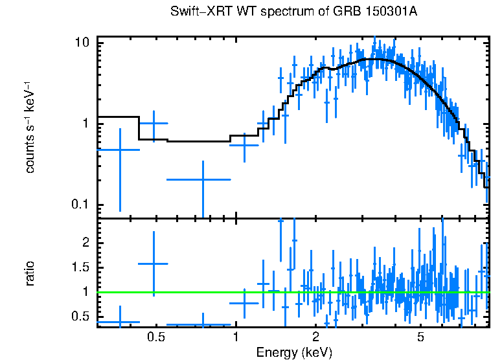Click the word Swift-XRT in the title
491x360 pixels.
click(196, 12)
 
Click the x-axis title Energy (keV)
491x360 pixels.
click(294, 352)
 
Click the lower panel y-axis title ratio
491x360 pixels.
click(30, 273)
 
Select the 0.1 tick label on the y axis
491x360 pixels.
click(80, 205)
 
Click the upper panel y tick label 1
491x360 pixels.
click(85, 124)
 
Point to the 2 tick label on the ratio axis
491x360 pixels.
click(85, 242)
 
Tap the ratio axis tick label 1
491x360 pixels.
click(85, 292)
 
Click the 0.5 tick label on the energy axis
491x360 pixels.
click(155, 337)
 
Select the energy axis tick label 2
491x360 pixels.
click(315, 337)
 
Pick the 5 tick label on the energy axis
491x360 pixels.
click(420, 337)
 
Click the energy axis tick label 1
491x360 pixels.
click(236, 337)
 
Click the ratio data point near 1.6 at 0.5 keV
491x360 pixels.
click(154, 264)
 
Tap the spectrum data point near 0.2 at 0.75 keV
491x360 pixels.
click(203, 179)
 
